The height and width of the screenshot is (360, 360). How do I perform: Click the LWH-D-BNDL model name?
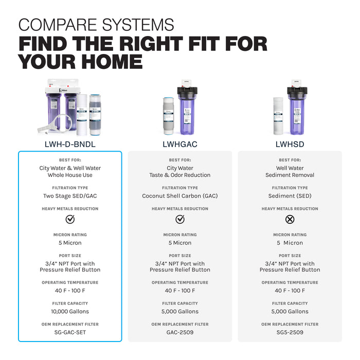(x=70, y=144)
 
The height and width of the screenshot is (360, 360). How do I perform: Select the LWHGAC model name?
(x=180, y=144)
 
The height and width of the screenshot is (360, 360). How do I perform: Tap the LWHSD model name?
(x=290, y=144)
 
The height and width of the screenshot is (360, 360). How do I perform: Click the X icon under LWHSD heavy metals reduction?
(x=290, y=219)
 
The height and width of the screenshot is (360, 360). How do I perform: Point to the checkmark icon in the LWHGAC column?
(x=180, y=219)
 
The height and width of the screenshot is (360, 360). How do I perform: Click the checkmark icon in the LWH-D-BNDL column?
(x=70, y=219)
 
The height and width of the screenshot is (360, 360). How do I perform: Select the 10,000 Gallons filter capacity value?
(x=70, y=311)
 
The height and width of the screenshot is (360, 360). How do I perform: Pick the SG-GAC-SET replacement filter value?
(x=70, y=332)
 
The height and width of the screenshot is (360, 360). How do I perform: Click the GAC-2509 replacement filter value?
(x=180, y=332)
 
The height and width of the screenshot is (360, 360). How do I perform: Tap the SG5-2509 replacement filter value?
(x=290, y=332)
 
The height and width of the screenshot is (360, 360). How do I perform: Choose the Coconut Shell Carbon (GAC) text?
(x=180, y=196)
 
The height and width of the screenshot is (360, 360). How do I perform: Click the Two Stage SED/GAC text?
(x=70, y=196)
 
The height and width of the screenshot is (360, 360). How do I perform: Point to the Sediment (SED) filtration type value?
(x=290, y=196)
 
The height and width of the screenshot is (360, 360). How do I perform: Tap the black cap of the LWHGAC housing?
(x=187, y=92)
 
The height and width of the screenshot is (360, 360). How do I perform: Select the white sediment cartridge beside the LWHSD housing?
(x=278, y=116)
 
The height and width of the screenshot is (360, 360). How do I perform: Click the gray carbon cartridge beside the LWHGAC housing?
(x=169, y=116)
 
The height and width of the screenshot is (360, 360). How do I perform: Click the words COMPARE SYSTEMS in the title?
(x=96, y=25)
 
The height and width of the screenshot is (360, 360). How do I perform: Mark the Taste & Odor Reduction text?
(x=180, y=175)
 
